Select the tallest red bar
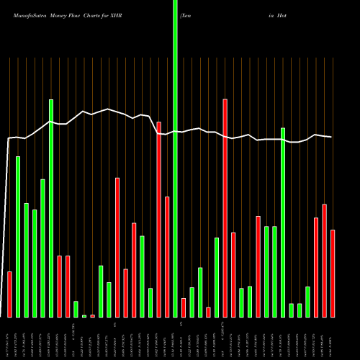point(225,208)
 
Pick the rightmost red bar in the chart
point(333,274)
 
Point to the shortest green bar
point(84,316)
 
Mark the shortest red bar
point(92,316)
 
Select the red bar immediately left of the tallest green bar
point(167,256)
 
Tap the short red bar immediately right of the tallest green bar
point(184,307)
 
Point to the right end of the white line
point(331,137)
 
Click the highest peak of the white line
point(108,109)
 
